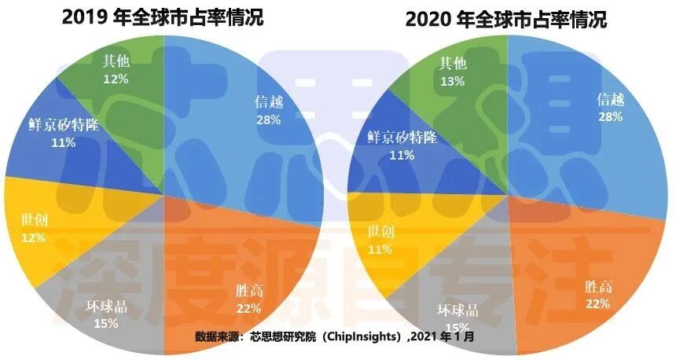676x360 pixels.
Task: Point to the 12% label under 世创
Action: [34, 237]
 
